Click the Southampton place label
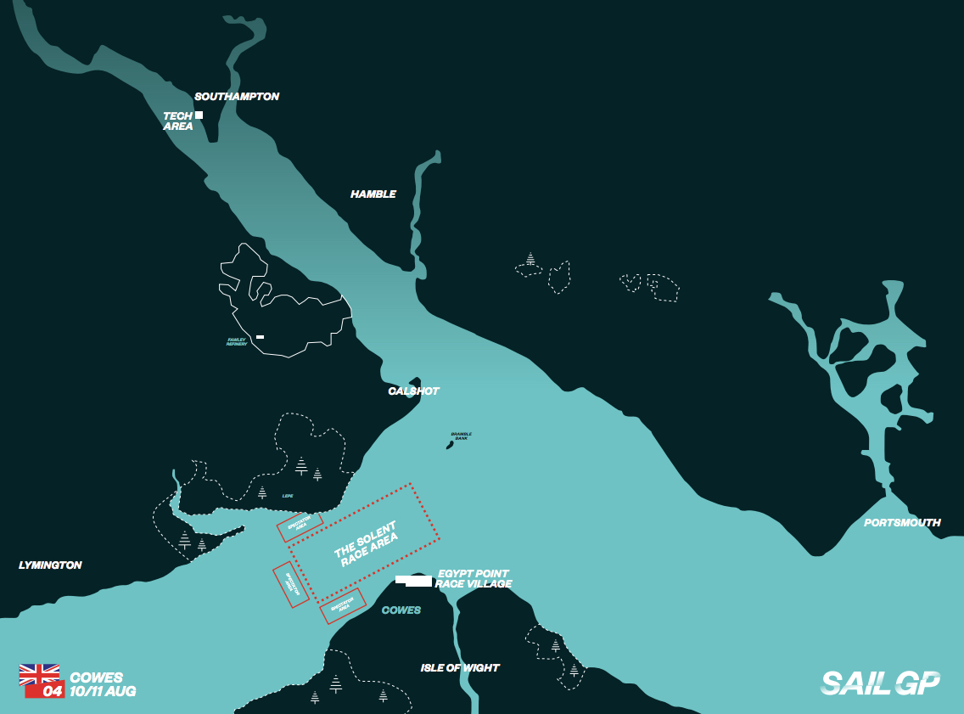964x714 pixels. click(237, 97)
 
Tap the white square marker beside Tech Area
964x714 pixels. click(199, 115)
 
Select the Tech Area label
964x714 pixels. click(178, 121)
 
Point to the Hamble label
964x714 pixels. click(373, 194)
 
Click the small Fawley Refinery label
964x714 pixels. click(237, 342)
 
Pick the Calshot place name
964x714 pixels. click(413, 391)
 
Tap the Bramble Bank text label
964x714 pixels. click(462, 436)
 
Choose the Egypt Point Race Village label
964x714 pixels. click(474, 579)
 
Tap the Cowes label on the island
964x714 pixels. click(401, 610)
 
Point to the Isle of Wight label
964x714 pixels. click(460, 668)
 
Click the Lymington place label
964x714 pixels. click(50, 565)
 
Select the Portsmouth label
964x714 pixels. click(902, 523)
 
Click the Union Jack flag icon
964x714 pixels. click(39, 674)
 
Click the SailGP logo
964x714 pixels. click(880, 683)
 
